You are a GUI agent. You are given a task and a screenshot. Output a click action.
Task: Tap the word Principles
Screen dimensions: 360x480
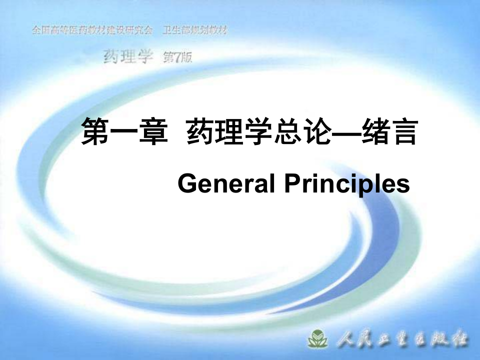coord(347,185)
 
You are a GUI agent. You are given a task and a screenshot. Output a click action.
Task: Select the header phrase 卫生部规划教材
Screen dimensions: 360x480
coord(195,30)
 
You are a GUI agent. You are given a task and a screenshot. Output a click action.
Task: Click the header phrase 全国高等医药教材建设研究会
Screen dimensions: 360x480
coord(92,30)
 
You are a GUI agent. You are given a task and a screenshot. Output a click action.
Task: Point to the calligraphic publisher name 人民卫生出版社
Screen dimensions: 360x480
coord(403,340)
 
